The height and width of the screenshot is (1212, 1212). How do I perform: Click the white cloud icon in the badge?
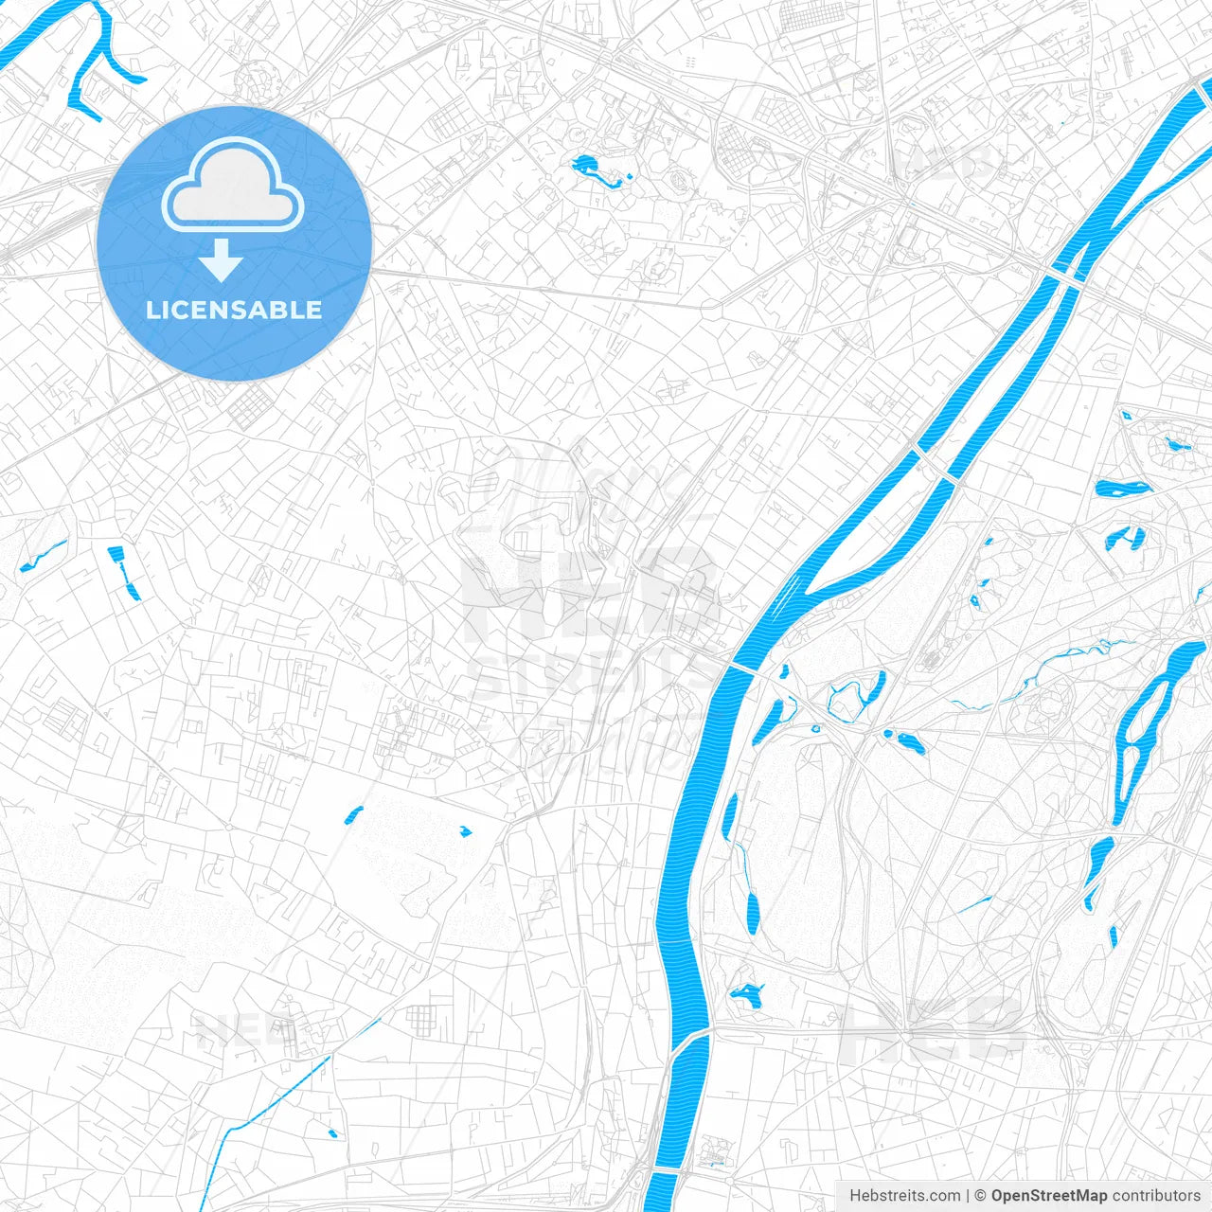[233, 187]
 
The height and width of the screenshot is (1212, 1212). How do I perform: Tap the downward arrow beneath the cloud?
[222, 260]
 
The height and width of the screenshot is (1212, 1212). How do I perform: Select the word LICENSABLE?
[234, 310]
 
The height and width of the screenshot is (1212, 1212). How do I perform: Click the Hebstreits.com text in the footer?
[904, 1196]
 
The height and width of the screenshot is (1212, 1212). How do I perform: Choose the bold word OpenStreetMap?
[1049, 1196]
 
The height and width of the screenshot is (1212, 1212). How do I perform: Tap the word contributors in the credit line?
[1156, 1196]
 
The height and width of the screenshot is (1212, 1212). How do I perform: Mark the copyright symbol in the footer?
[981, 1196]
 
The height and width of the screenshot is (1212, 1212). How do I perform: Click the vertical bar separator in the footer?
[969, 1196]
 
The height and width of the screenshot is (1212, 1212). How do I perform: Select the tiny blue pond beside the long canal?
[331, 1132]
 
